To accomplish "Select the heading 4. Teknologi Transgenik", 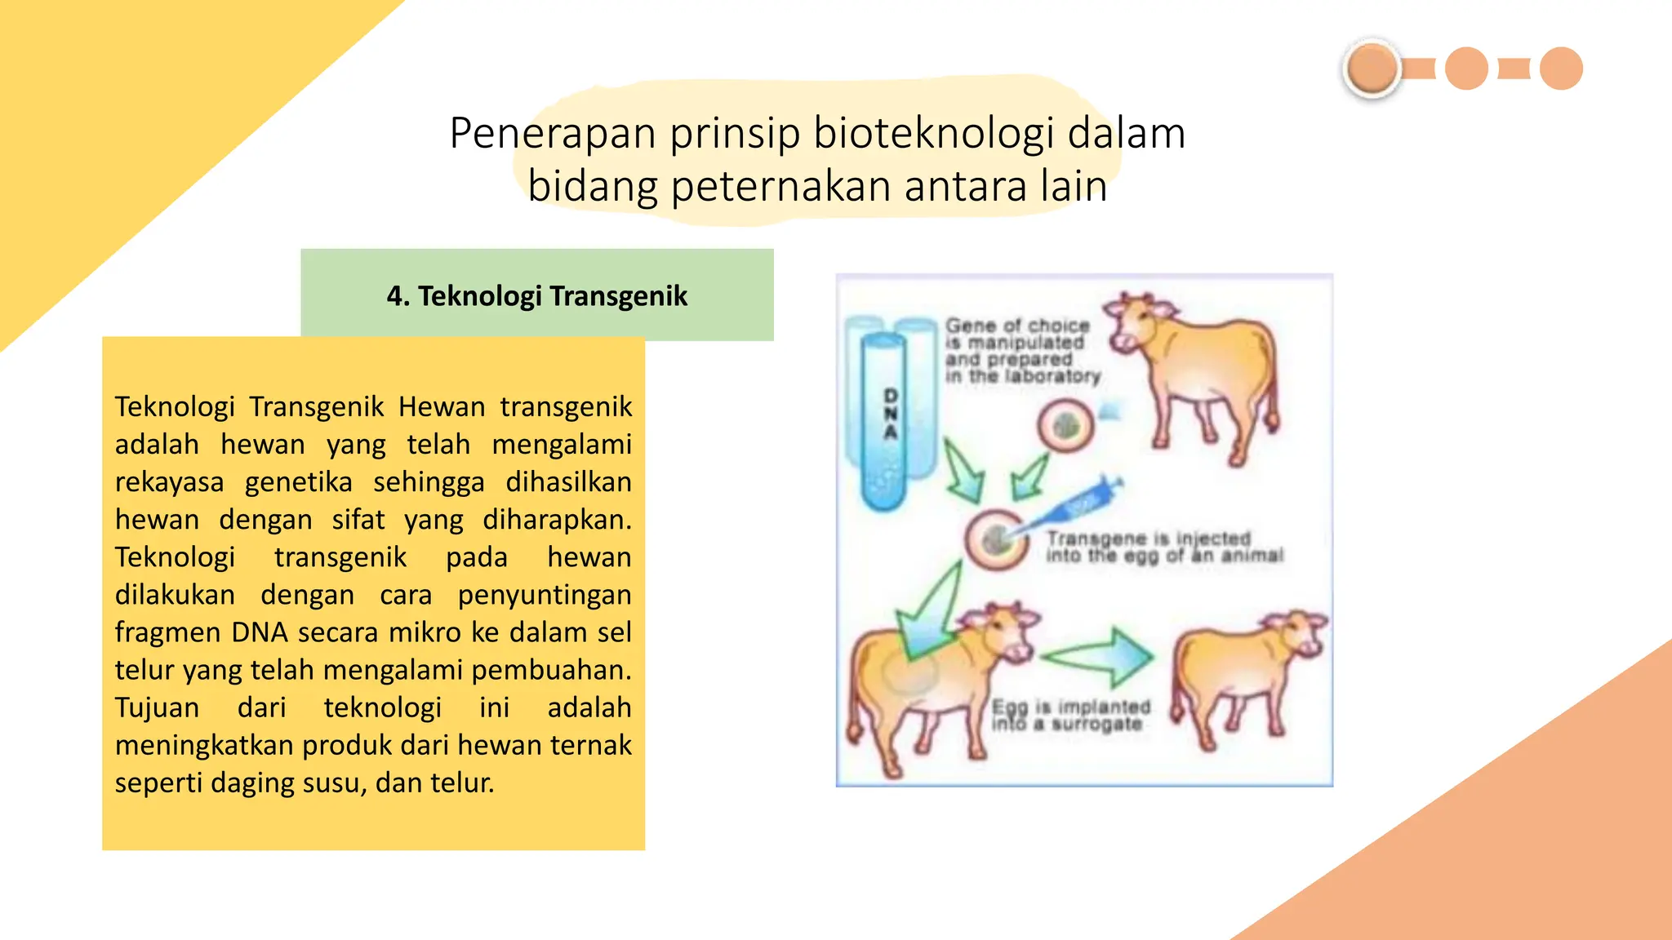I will click(x=536, y=295).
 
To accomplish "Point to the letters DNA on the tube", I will click(x=891, y=414).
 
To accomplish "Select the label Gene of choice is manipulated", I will click(x=1021, y=351).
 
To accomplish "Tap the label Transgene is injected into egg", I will click(x=1163, y=547).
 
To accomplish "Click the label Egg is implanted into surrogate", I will click(x=1069, y=715).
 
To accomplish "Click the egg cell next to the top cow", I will click(x=1065, y=426).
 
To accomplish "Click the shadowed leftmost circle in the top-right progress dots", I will click(x=1372, y=69).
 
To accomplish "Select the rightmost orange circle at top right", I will click(x=1561, y=69).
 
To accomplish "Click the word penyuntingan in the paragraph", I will click(x=544, y=595).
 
